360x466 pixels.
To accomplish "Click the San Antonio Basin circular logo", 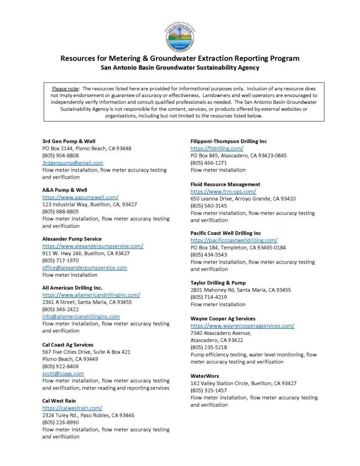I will (x=179, y=35).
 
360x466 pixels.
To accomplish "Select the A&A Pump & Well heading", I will (x=65, y=190).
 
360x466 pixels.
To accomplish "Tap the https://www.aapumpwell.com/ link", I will (x=81, y=197).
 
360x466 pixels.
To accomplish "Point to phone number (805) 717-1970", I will (x=61, y=260).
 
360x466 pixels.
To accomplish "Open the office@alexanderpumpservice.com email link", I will (x=85, y=268).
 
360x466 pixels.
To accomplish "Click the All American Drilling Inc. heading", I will (x=72, y=288).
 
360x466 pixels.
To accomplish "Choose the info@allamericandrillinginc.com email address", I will (x=81, y=316).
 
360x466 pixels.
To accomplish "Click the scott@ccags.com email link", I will (x=63, y=373).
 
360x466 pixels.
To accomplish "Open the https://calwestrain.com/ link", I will (x=72, y=408).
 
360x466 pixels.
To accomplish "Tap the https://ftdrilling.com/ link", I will (x=217, y=148).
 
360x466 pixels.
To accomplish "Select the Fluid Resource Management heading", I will (x=225, y=184).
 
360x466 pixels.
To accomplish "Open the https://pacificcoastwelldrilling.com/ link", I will (x=234, y=240).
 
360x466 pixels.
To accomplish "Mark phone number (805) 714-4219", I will (x=209, y=297).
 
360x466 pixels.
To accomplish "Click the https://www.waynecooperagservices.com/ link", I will (x=242, y=326).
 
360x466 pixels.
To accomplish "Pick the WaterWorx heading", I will (x=205, y=376).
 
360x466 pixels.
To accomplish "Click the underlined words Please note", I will (x=66, y=88).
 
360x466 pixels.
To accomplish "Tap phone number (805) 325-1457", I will (x=209, y=390).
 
